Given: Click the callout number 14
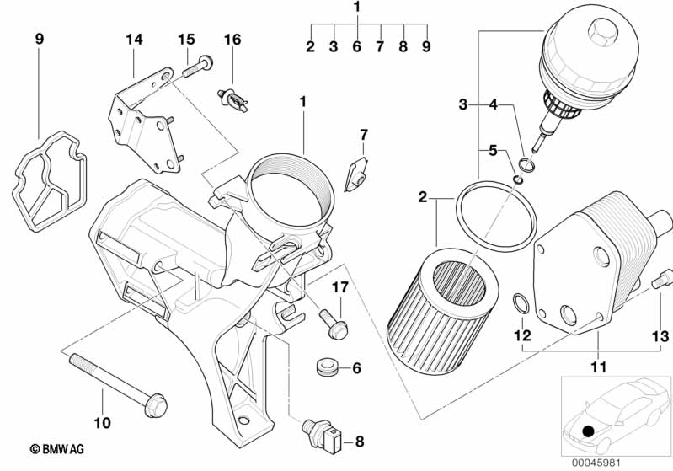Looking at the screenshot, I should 135,39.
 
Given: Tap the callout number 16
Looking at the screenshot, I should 232,39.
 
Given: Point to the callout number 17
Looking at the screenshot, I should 339,289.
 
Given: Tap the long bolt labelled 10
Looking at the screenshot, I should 115,376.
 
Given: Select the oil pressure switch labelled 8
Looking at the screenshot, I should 323,431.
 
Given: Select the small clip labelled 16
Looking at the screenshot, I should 235,99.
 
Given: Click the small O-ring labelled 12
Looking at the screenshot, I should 521,302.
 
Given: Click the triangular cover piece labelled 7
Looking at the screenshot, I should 357,172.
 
